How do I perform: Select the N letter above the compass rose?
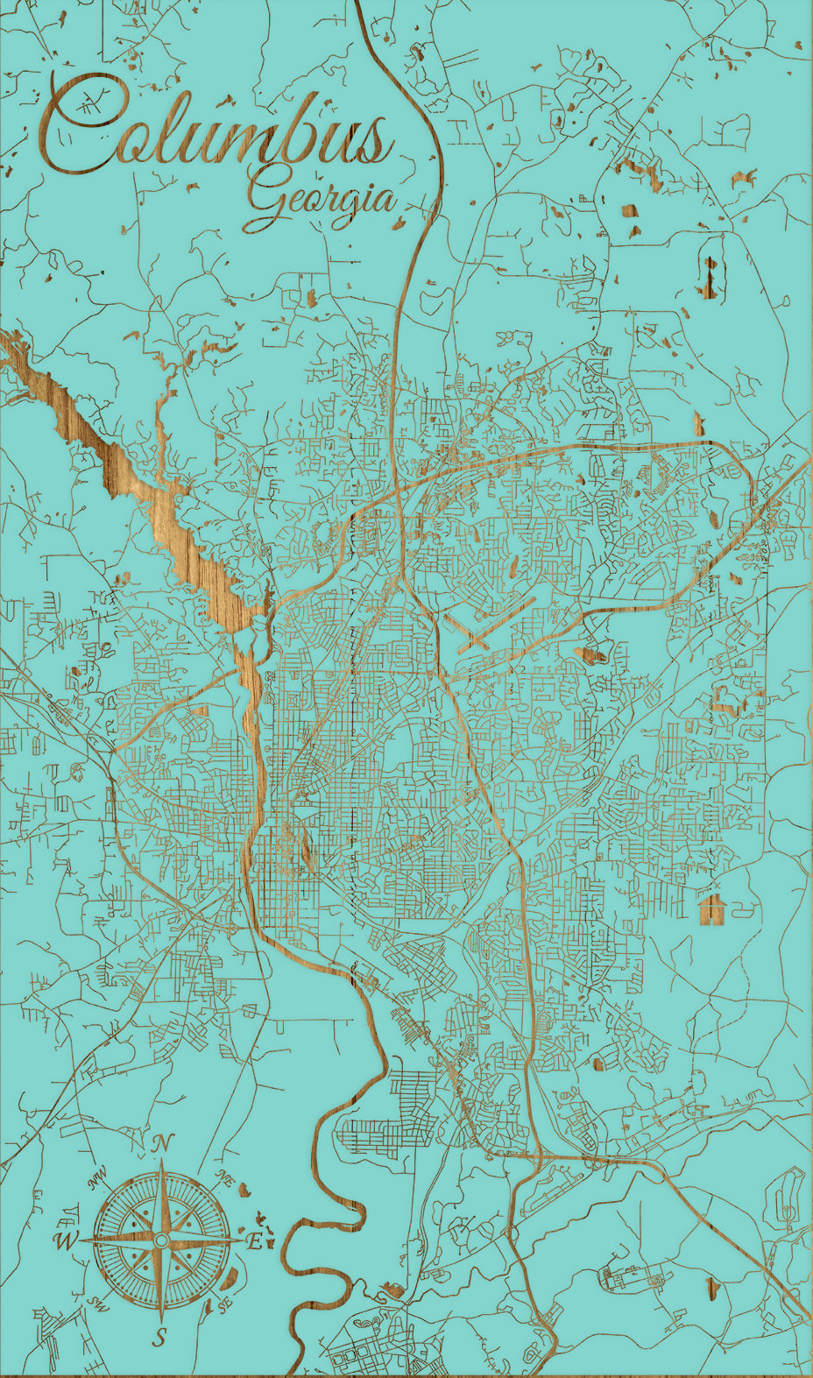click(x=161, y=1142)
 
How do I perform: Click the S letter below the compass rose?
click(x=159, y=1337)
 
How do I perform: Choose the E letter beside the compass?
click(x=254, y=1241)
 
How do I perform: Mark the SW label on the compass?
click(x=96, y=1303)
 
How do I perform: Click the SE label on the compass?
click(x=225, y=1304)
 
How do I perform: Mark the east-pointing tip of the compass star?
click(x=242, y=1240)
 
